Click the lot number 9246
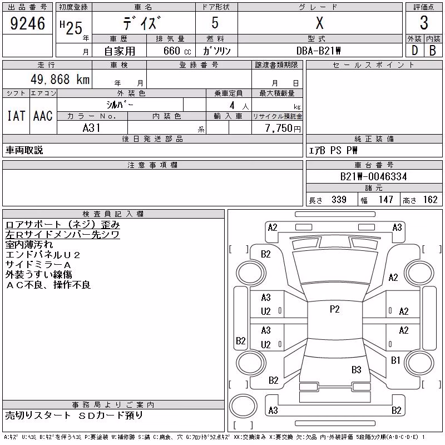click(27, 23)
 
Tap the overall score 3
click(424, 23)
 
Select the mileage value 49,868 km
click(60, 79)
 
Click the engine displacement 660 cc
click(177, 51)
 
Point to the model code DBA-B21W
click(318, 51)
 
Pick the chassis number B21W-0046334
click(373, 176)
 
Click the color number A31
click(91, 128)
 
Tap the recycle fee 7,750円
click(283, 128)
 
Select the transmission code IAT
click(16, 116)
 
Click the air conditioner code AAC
click(43, 116)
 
